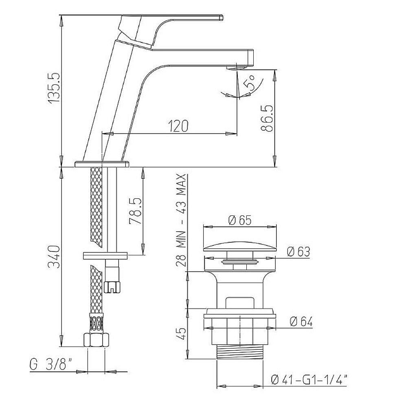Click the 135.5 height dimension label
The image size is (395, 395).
54,88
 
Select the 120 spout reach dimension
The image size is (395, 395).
178,126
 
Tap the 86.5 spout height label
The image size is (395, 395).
267,118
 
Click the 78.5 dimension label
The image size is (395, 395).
135,211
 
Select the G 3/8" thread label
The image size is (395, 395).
51,364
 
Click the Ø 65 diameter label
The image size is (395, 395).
239,220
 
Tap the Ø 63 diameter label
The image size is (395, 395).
298,252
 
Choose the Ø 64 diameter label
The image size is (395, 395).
301,322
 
